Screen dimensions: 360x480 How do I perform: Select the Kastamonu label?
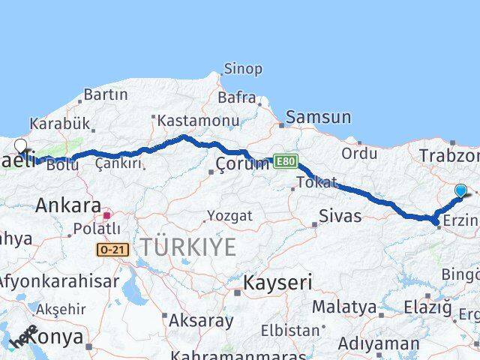(x=198, y=120)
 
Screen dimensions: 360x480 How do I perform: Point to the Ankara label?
(x=68, y=205)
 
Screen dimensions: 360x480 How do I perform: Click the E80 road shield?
(x=285, y=161)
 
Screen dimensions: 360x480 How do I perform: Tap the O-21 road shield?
(x=112, y=248)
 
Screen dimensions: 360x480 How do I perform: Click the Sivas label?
(x=340, y=217)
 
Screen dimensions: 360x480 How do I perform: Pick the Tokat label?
(x=317, y=182)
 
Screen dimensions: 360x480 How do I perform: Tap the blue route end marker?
(x=460, y=191)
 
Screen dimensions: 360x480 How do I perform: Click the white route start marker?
(x=20, y=146)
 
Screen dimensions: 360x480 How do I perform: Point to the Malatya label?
(x=344, y=306)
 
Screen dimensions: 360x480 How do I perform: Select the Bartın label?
(x=106, y=94)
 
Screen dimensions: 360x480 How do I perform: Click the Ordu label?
(x=359, y=153)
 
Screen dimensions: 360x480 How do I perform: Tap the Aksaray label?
(x=201, y=321)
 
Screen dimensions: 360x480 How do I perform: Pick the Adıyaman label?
(x=379, y=344)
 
